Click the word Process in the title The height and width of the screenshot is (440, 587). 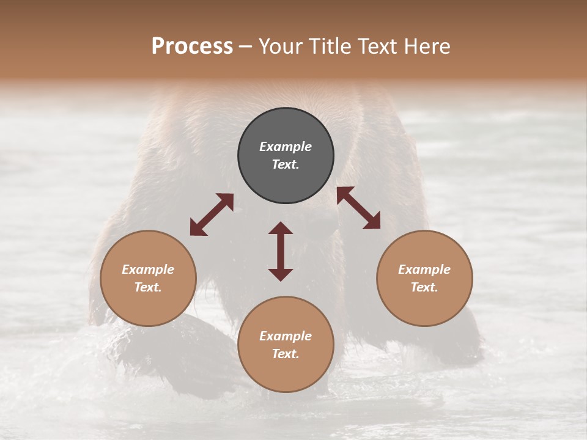(192, 46)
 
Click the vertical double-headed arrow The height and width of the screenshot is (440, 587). (281, 251)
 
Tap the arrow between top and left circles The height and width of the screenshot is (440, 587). (212, 215)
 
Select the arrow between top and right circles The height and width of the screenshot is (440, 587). (358, 208)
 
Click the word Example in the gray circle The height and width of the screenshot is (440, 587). (286, 147)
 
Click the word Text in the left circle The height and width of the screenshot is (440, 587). (148, 287)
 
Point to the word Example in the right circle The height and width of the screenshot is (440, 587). (424, 269)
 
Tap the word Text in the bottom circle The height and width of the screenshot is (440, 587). (286, 354)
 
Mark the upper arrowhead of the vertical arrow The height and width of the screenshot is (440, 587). (281, 229)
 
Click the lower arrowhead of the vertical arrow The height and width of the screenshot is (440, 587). (281, 274)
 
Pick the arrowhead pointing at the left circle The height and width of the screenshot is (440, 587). (197, 228)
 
